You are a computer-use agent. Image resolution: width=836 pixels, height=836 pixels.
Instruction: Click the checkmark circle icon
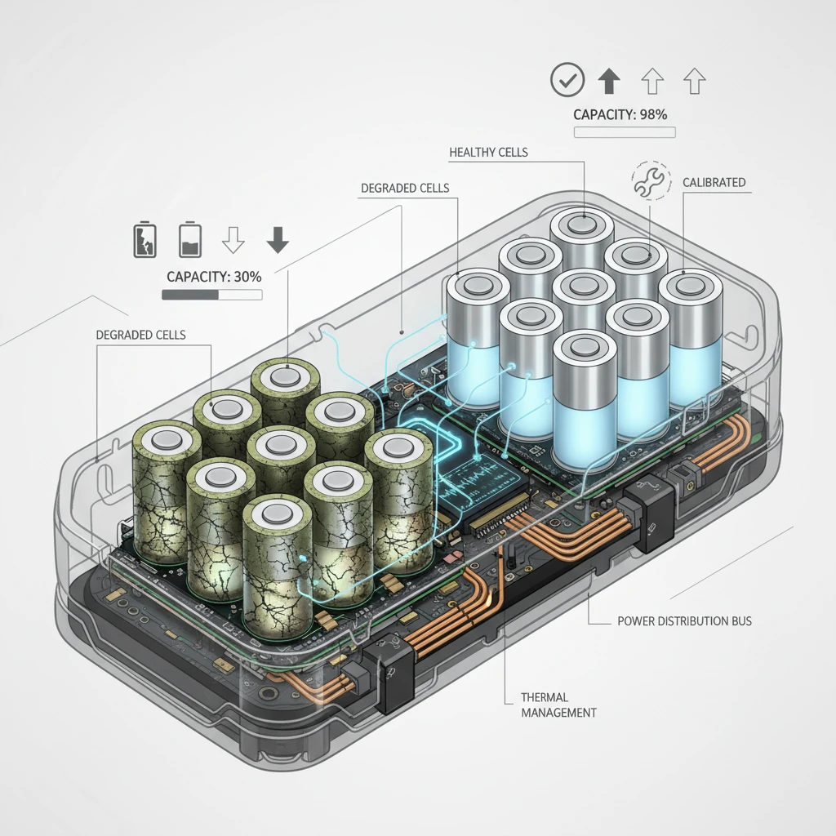(567, 80)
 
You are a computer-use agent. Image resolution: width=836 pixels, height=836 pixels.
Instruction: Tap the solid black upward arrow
(609, 82)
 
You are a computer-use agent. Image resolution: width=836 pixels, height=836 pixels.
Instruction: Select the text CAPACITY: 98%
(620, 114)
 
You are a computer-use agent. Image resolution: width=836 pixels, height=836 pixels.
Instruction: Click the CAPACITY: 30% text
(214, 277)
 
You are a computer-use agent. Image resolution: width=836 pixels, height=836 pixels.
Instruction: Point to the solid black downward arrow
(278, 239)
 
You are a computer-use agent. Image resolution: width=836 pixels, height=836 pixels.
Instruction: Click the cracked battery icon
(145, 241)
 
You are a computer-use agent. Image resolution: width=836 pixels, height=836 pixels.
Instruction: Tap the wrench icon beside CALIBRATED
(650, 180)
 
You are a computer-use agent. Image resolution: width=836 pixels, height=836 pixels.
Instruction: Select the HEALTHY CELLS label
(488, 153)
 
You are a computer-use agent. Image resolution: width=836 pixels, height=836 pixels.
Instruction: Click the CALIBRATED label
(714, 182)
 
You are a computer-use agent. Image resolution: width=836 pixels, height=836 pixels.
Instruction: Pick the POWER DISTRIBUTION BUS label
(685, 621)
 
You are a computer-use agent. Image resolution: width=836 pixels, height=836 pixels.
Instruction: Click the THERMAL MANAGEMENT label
(558, 705)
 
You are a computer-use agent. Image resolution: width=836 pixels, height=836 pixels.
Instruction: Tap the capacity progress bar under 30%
(211, 295)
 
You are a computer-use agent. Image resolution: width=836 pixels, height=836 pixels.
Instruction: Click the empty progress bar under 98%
(625, 132)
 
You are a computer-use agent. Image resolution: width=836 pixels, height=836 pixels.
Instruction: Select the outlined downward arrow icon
(233, 239)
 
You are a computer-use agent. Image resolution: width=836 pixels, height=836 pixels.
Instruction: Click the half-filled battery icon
(189, 241)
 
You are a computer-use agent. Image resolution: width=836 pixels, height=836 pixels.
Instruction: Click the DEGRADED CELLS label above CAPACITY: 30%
(405, 189)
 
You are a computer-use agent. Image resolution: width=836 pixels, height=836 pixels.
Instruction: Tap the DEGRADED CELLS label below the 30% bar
(140, 335)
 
